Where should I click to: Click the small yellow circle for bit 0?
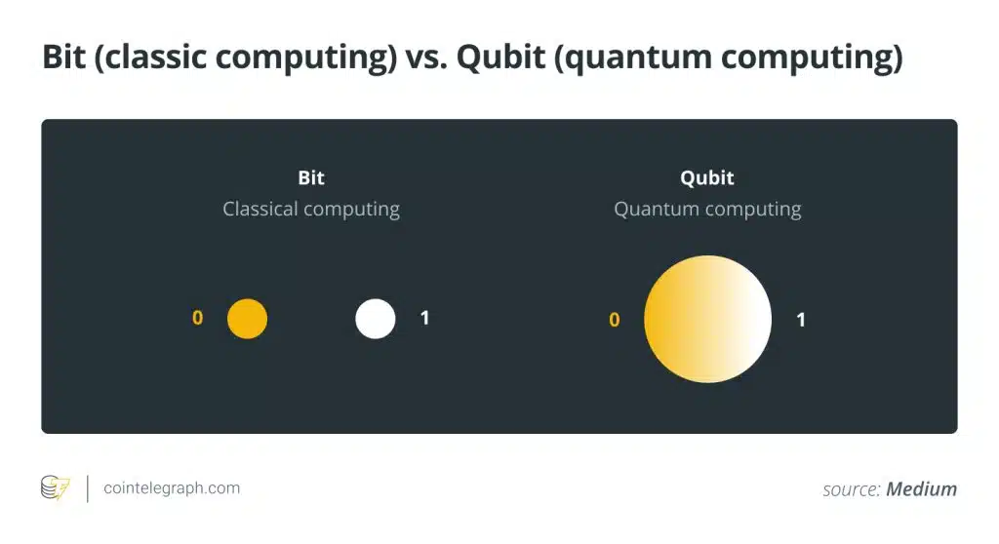(247, 319)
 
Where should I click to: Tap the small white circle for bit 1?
(376, 319)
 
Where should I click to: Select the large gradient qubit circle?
(707, 319)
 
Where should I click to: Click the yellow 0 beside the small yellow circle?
(197, 317)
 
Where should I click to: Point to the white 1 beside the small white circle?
(425, 317)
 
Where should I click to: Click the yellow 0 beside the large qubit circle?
(615, 319)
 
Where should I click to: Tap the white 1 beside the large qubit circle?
(801, 319)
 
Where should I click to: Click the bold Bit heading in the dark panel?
(311, 177)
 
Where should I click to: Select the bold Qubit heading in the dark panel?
(707, 177)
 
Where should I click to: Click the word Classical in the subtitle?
(260, 209)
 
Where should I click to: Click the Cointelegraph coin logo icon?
(56, 488)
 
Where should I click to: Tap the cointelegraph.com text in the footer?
(172, 488)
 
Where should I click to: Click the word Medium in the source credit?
(921, 489)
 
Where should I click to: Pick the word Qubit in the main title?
(500, 57)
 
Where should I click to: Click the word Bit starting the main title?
(63, 56)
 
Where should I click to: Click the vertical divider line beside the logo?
(87, 488)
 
